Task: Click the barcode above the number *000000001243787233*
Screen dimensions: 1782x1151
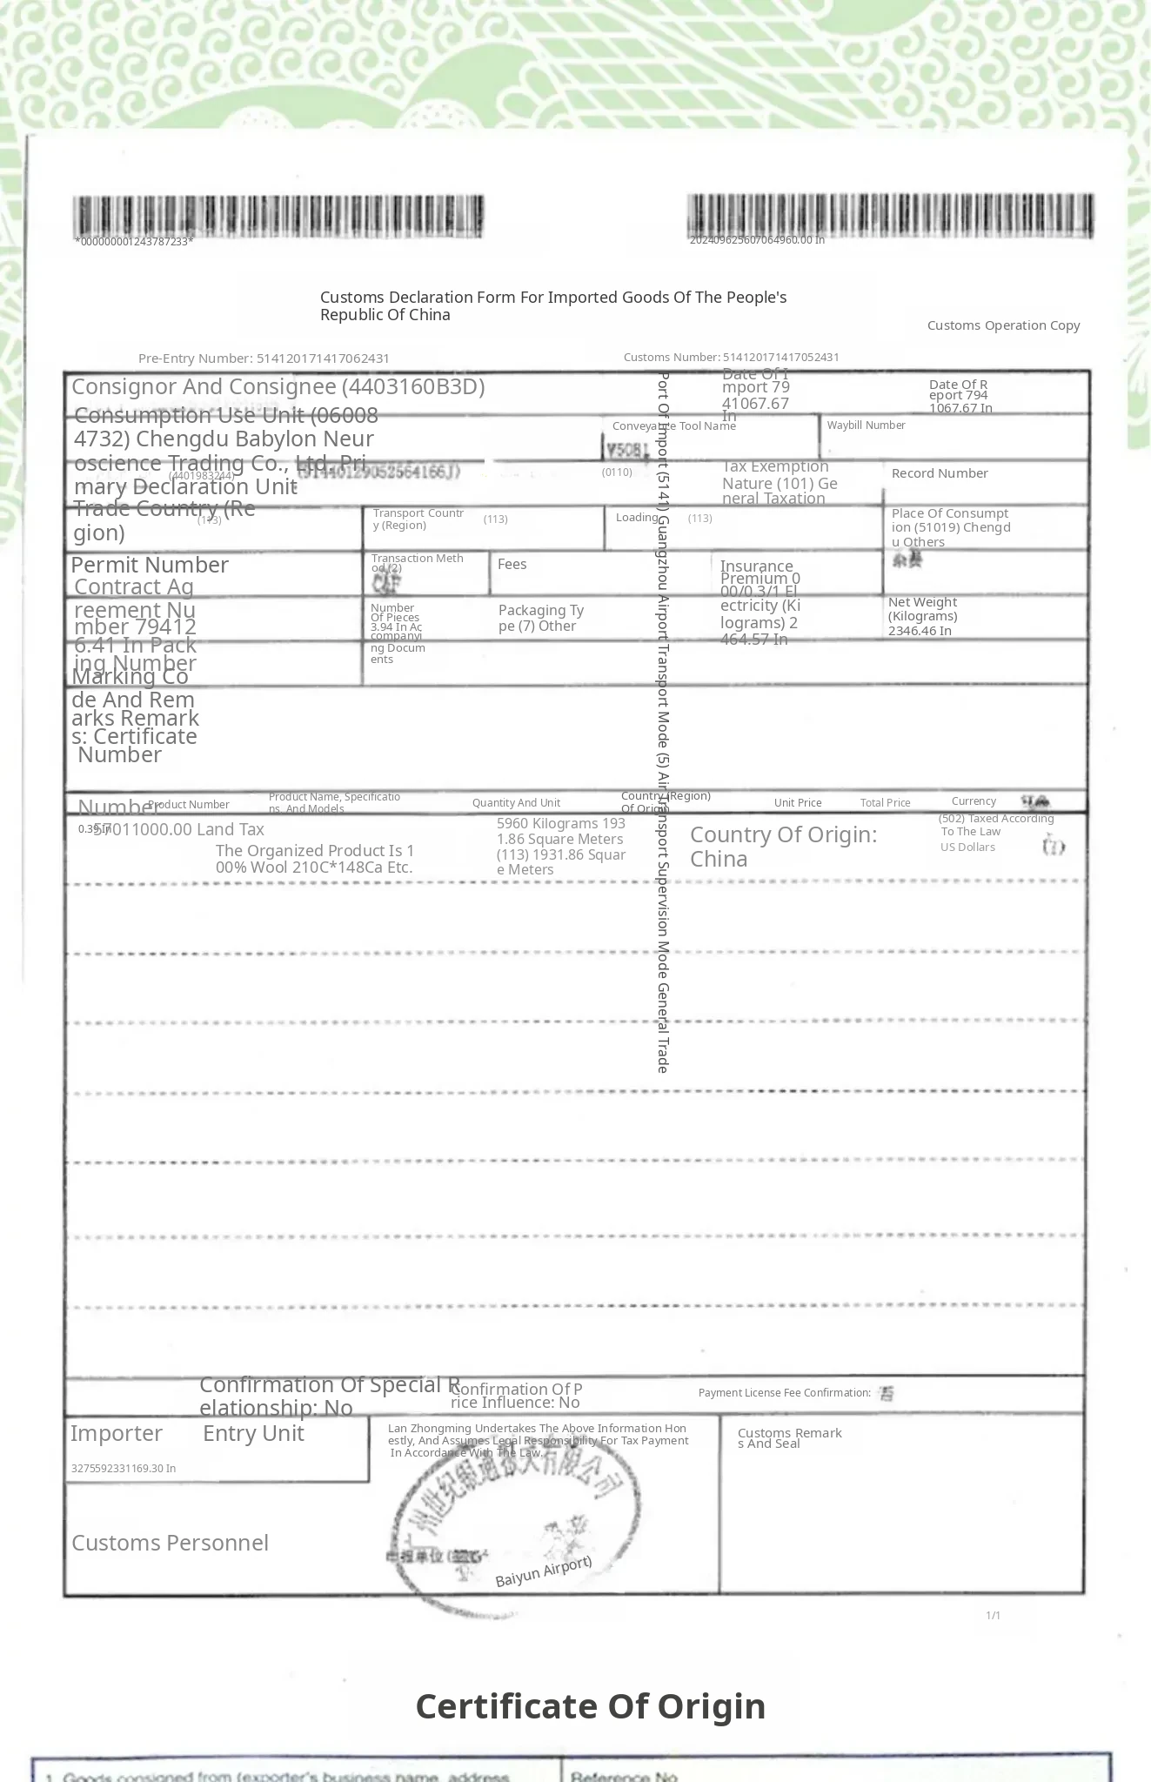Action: tap(278, 216)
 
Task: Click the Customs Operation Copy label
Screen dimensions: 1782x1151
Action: tap(1003, 325)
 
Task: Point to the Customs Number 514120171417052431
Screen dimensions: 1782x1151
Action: tap(731, 357)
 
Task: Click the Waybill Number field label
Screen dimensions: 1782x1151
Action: tap(866, 425)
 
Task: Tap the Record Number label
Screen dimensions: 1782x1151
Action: tap(940, 473)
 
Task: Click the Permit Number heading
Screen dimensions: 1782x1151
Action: tap(150, 565)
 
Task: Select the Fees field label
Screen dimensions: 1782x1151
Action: tap(512, 564)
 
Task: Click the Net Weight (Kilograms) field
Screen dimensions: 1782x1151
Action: tap(922, 616)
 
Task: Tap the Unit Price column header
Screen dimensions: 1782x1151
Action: tap(797, 803)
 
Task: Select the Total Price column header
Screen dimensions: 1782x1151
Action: tap(885, 803)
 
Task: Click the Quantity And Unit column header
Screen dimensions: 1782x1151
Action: tap(516, 803)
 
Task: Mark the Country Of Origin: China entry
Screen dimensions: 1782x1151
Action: tap(783, 847)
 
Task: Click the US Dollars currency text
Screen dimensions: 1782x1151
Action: tap(967, 847)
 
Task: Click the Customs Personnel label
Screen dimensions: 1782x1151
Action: tap(170, 1543)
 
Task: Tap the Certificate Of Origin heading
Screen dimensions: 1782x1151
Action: tap(591, 1706)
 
